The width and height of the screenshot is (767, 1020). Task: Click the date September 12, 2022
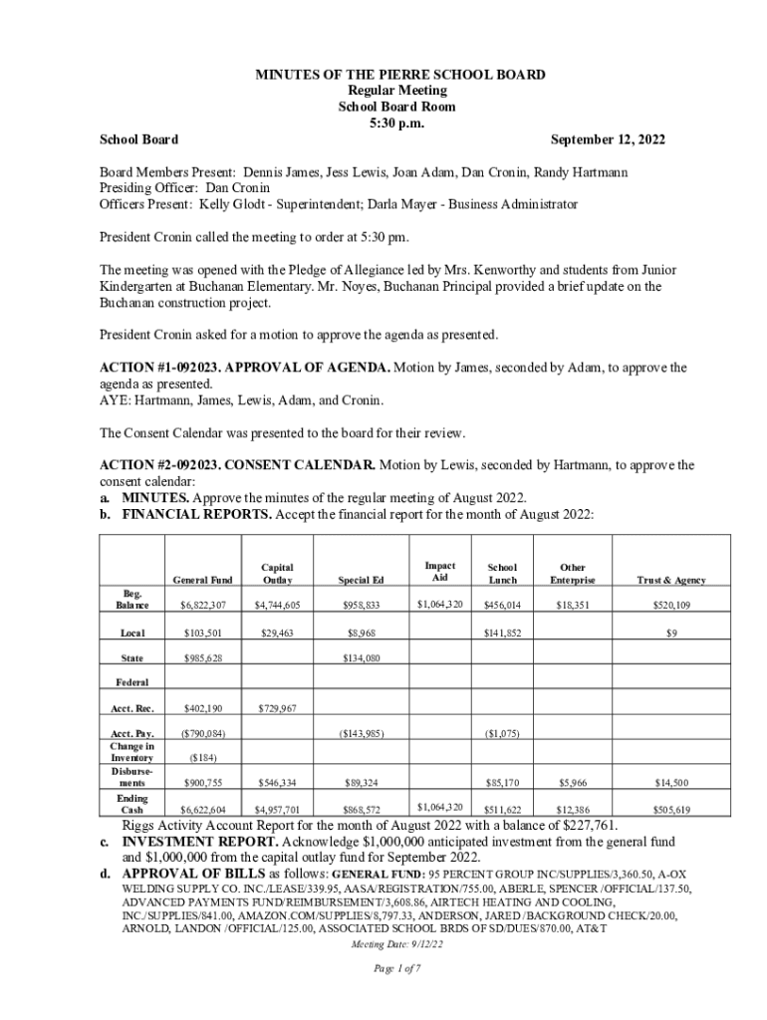point(608,140)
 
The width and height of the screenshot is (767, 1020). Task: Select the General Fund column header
point(202,580)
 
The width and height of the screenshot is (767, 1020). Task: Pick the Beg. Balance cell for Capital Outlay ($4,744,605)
point(277,605)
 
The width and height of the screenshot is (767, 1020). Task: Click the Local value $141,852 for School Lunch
point(502,633)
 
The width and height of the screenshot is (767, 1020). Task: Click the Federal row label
point(132,682)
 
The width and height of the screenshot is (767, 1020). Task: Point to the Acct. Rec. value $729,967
point(277,708)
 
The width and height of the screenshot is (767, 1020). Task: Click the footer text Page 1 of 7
point(383,968)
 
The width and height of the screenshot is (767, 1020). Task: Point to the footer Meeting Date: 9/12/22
point(383,944)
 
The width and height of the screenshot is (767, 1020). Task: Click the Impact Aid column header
point(433,572)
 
